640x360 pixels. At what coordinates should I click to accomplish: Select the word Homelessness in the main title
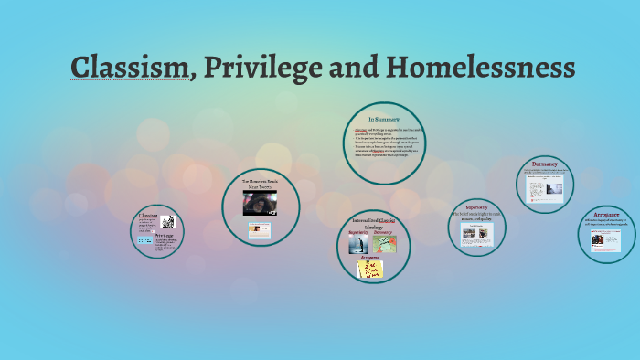[x=483, y=68]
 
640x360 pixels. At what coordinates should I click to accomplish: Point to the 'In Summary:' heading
[x=385, y=120]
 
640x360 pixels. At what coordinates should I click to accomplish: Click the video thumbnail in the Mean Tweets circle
[x=260, y=202]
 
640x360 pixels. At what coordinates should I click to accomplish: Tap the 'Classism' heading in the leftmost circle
[x=149, y=217]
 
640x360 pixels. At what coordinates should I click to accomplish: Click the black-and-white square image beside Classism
[x=168, y=222]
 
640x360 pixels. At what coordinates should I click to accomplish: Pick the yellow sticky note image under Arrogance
[x=370, y=269]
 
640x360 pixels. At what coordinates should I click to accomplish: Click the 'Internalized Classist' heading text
[x=373, y=223]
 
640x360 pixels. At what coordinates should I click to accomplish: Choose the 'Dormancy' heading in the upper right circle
[x=546, y=165]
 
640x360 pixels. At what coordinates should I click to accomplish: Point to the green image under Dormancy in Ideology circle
[x=384, y=244]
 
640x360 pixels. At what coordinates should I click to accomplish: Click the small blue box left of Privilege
[x=145, y=240]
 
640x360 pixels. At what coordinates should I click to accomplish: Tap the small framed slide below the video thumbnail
[x=260, y=229]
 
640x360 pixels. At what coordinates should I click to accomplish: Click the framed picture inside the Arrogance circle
[x=606, y=239]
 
